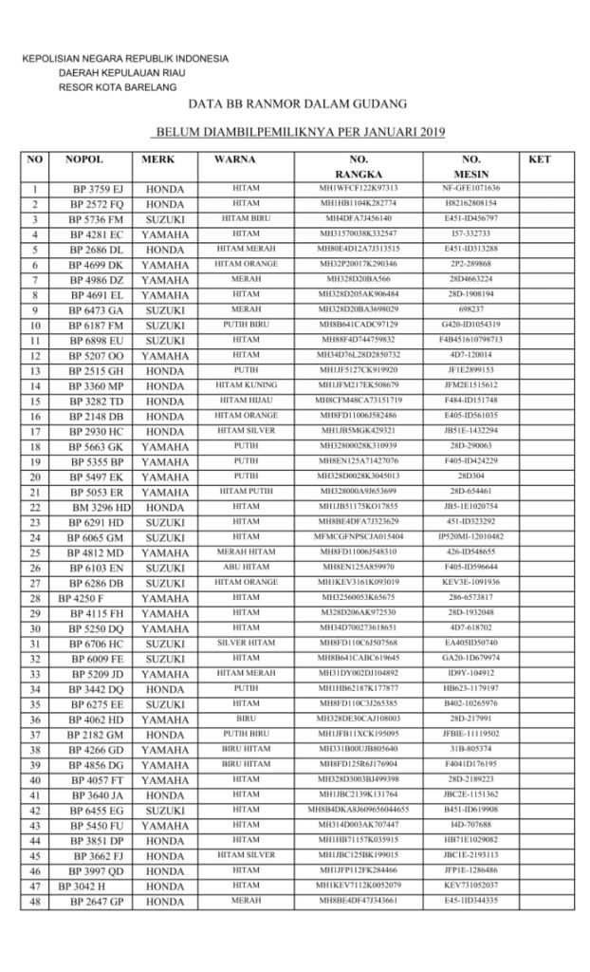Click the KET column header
coord(537,159)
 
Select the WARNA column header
coord(232,159)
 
